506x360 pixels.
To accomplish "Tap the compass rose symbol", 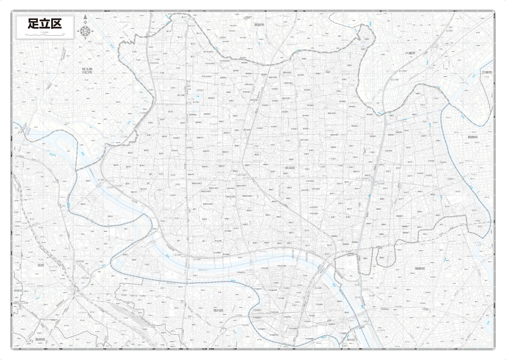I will click(85, 32).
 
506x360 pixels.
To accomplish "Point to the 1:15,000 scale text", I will click(44, 32).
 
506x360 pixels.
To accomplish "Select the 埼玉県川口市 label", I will click(87, 70).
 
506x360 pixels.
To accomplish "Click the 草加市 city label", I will click(260, 25).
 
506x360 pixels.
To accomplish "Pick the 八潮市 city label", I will click(410, 53).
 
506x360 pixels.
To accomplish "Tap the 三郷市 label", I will click(486, 72).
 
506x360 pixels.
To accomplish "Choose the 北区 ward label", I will click(41, 265).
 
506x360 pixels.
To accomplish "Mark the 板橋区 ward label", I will click(18, 290).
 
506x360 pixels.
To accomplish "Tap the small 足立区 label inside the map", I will click(290, 168).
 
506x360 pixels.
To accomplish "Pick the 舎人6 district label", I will click(169, 31).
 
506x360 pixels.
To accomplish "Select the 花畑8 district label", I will click(367, 39).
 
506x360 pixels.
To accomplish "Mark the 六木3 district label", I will click(436, 98).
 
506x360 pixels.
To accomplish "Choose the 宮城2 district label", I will click(125, 254).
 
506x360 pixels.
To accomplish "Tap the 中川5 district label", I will click(457, 191).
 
